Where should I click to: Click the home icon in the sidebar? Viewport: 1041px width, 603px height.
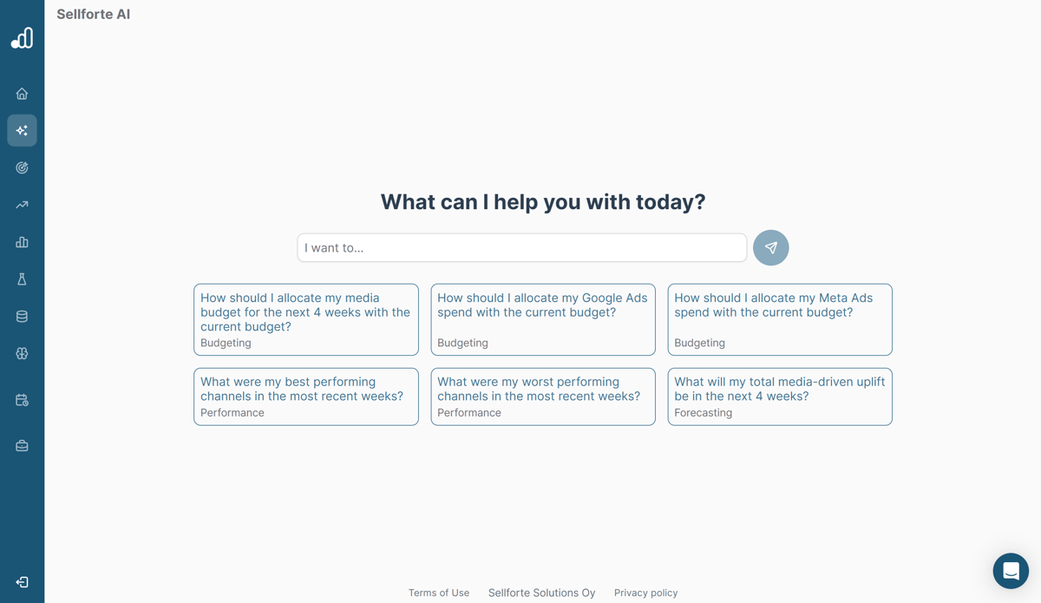point(22,94)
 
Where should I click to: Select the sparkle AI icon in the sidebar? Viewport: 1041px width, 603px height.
point(22,130)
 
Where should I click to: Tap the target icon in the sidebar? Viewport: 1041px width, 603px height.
point(22,167)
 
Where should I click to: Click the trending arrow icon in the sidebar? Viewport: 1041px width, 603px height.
point(22,205)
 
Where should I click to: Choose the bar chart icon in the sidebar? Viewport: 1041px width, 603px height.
point(22,242)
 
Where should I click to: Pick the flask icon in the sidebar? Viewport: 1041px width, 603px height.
point(22,279)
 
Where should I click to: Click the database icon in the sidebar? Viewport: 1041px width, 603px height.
point(22,317)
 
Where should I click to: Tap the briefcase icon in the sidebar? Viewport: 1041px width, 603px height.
point(22,446)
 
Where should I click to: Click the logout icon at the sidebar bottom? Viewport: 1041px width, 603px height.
point(22,582)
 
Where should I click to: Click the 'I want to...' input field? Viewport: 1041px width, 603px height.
point(521,248)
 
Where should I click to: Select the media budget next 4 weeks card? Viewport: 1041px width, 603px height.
point(306,319)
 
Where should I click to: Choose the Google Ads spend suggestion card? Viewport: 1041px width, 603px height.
point(543,319)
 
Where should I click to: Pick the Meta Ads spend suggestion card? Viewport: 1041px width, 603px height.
point(780,319)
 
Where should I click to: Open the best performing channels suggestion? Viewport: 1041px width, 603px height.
point(306,397)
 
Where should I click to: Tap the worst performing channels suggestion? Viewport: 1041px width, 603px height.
point(543,397)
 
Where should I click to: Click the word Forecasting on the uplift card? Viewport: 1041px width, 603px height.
point(704,413)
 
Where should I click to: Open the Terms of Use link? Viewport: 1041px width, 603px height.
point(439,593)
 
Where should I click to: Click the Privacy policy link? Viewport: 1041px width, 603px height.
point(646,593)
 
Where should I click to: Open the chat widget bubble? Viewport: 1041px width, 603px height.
point(1011,571)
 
